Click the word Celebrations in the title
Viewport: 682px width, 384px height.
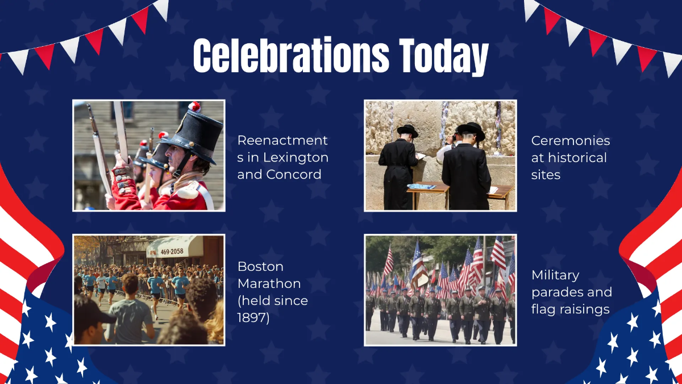pos(291,56)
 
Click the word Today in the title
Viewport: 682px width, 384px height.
pos(443,56)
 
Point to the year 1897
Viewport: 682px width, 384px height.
pos(253,317)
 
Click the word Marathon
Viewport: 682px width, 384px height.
pos(269,283)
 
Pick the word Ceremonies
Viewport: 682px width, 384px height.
pos(571,141)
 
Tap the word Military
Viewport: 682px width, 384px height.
pos(555,275)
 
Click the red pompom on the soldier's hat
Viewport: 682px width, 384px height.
pos(194,106)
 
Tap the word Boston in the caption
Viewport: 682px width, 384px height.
pos(260,266)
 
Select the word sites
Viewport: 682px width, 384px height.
pos(546,175)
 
